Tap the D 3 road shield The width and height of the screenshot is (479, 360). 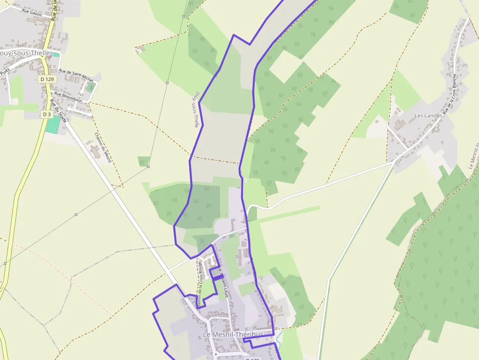47,114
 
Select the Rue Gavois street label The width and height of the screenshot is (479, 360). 32,13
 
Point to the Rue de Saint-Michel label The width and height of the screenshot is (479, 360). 76,75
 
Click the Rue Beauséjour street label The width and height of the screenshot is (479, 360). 68,96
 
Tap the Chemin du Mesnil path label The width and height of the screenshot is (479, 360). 104,148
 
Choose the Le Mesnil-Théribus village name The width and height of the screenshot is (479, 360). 233,335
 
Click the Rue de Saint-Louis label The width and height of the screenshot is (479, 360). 223,282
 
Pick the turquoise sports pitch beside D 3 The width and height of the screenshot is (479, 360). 52,124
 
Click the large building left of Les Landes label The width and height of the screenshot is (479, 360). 399,125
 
